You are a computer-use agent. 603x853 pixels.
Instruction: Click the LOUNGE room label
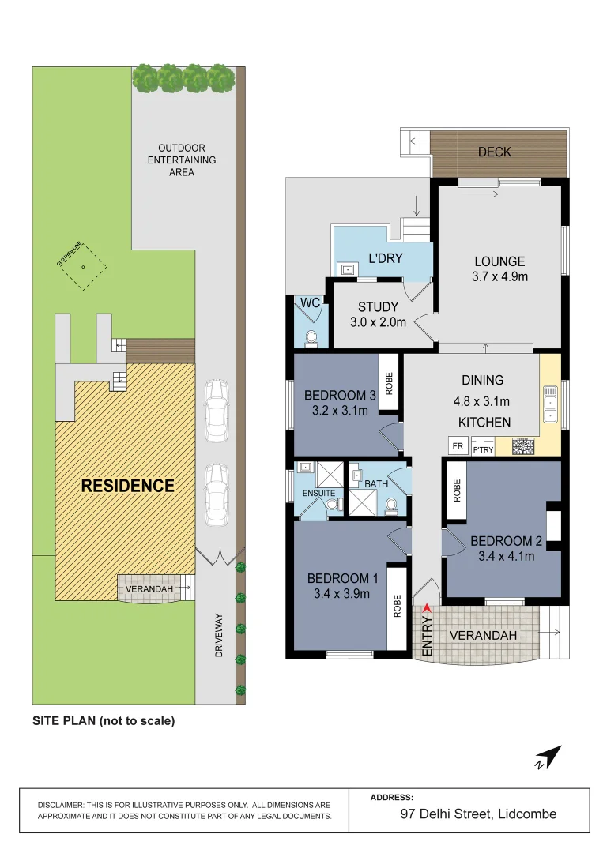[x=499, y=262]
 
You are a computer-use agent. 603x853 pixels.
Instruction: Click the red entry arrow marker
[x=428, y=607]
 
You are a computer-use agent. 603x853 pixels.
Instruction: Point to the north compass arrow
[x=548, y=757]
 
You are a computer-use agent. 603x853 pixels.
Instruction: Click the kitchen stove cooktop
[x=524, y=446]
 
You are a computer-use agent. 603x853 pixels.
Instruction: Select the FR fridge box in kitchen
[x=457, y=446]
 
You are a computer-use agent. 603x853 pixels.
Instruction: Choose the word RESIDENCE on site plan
[x=127, y=486]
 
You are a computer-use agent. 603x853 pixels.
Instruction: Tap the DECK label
[x=495, y=152]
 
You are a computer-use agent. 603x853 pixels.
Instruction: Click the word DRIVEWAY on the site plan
[x=219, y=635]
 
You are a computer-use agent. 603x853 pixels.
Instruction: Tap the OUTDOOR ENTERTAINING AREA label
[x=182, y=160]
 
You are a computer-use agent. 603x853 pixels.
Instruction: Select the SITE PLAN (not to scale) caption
[x=103, y=720]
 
